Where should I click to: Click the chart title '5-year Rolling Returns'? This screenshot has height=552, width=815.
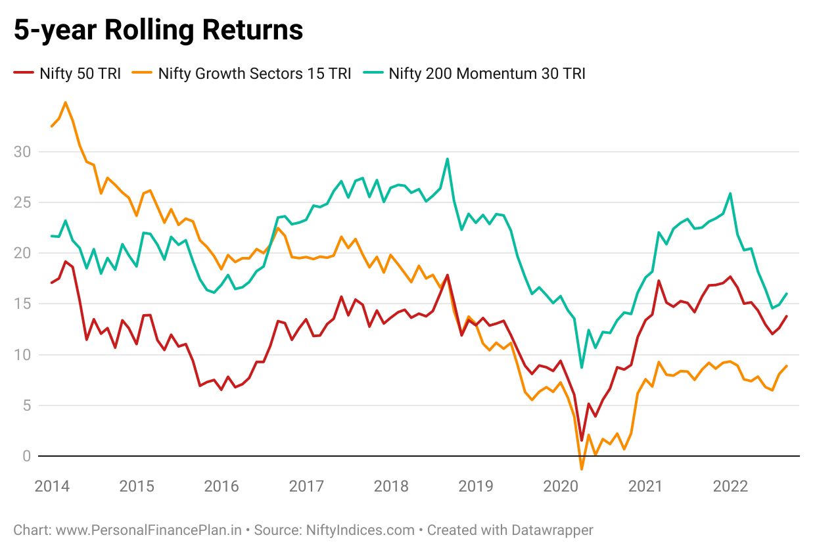[158, 31]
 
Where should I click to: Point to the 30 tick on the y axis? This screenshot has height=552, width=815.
[24, 152]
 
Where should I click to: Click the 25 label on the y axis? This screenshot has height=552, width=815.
[24, 202]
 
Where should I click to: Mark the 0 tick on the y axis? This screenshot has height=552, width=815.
[27, 455]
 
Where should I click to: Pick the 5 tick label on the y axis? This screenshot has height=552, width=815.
[27, 405]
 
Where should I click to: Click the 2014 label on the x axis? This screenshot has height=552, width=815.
[51, 487]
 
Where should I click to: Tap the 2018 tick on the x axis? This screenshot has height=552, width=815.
[391, 487]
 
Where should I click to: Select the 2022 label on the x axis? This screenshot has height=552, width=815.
[730, 487]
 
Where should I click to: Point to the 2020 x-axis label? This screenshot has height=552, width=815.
[561, 487]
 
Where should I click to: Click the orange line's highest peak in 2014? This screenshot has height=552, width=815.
[65, 103]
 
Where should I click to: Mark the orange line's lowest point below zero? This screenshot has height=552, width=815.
[582, 469]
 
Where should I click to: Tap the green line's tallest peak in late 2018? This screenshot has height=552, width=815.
[447, 158]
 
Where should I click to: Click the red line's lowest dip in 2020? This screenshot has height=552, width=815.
[582, 440]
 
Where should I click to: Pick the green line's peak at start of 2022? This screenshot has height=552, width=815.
[730, 193]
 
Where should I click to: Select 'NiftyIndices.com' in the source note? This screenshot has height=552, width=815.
[360, 530]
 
